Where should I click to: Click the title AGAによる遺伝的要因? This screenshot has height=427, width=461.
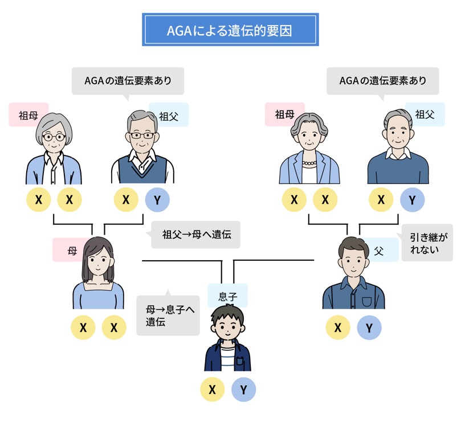(230, 30)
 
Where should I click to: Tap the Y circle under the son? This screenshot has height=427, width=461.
(244, 390)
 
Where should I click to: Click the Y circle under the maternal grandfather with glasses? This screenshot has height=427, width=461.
(157, 200)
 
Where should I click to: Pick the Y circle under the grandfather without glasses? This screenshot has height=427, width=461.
(413, 200)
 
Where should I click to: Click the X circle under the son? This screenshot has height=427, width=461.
(212, 390)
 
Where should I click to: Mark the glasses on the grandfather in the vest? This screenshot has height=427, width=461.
(141, 136)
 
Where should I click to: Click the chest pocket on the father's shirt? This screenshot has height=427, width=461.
(366, 301)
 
